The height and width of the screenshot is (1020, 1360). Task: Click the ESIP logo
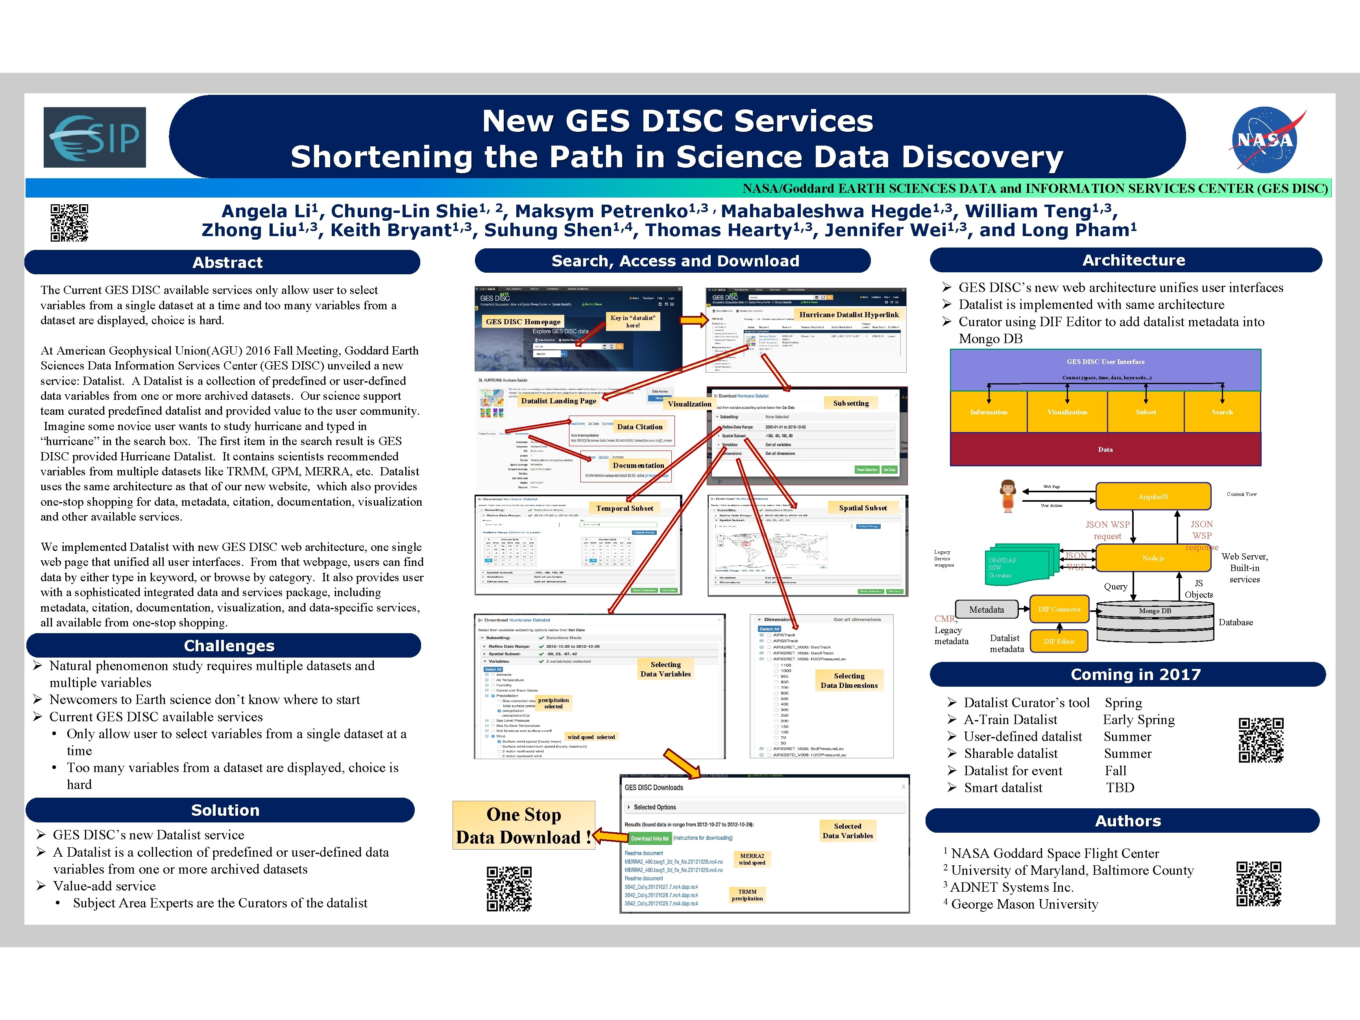95,137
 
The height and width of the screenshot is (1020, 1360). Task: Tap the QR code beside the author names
69,223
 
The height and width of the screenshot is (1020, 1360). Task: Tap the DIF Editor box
1059,641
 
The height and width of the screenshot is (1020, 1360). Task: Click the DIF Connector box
1059,609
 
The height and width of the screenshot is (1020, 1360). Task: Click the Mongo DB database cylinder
1155,621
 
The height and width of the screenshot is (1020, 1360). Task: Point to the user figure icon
1008,495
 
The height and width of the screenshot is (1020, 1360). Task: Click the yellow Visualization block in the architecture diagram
1067,412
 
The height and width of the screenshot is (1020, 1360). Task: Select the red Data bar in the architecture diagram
1105,449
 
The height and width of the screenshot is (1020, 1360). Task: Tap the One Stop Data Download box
524,826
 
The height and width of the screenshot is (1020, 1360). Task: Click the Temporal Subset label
624,508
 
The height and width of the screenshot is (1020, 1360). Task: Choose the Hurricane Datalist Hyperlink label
848,315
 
